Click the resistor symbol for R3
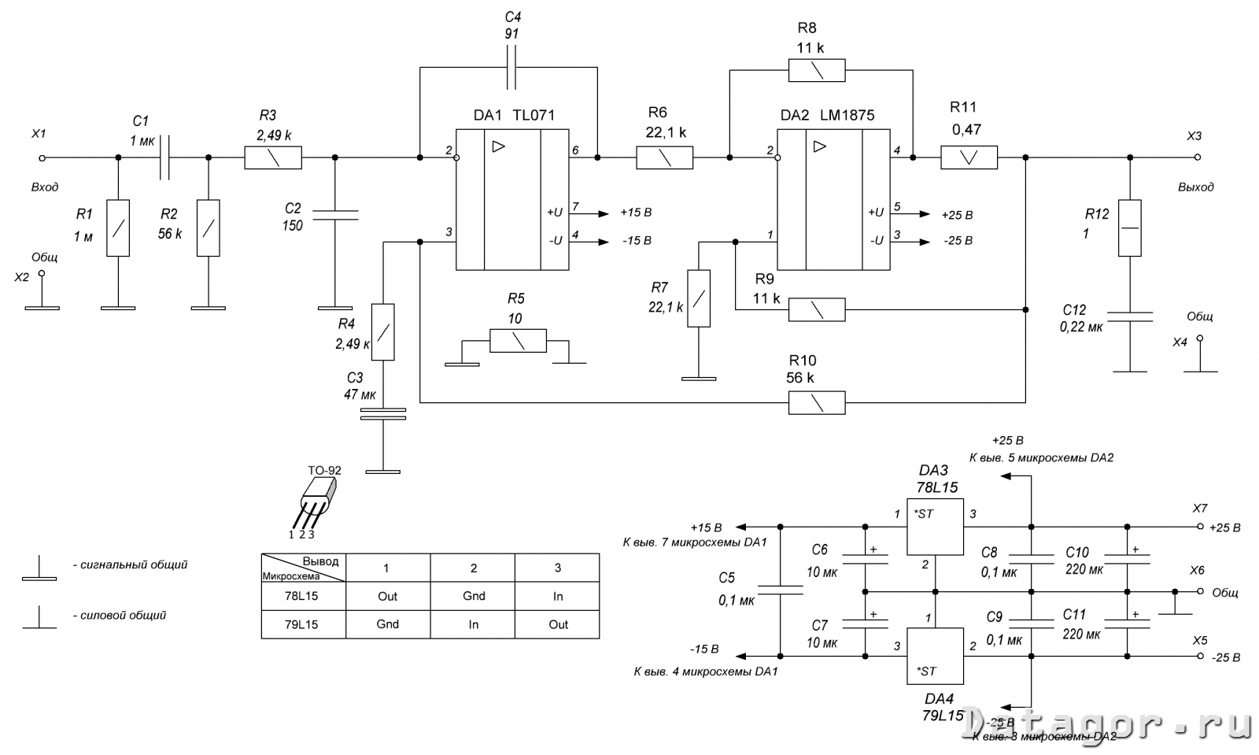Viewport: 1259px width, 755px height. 273,158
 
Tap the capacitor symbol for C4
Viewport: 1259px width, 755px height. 513,68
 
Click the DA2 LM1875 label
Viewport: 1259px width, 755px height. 827,115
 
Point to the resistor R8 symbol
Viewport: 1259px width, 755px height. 817,70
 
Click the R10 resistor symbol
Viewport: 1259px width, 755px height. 817,403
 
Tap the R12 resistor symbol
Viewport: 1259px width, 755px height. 1130,228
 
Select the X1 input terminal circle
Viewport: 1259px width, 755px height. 42,158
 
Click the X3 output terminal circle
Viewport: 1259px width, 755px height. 1198,157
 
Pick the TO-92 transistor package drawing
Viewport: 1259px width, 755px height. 316,500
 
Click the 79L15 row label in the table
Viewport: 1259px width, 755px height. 302,624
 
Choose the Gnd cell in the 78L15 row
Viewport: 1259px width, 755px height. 474,596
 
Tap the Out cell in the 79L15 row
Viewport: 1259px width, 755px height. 558,624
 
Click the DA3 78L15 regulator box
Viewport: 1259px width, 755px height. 935,527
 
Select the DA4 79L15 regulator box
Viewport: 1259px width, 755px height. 935,656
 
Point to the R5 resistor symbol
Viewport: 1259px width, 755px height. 518,341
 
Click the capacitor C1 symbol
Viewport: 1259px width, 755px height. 164,158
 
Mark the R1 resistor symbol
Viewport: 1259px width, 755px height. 117,228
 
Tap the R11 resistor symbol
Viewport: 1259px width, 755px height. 969,157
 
